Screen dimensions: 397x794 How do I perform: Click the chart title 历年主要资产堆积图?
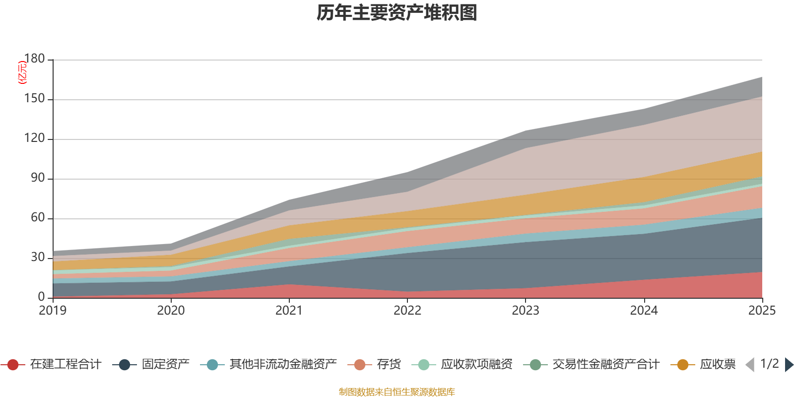tap(397, 13)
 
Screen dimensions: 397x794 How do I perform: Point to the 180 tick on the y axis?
tap(34, 59)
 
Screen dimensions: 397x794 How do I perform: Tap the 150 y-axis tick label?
tap(34, 99)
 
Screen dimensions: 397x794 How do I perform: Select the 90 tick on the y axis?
tap(38, 178)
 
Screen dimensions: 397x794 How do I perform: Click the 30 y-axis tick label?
tap(38, 258)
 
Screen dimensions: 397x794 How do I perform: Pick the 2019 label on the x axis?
tap(53, 311)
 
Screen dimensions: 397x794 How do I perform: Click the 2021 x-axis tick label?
tap(289, 311)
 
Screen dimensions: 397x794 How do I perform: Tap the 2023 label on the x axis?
tap(526, 311)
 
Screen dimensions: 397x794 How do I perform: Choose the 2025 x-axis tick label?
tap(762, 311)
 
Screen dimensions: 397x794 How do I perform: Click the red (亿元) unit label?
tap(22, 72)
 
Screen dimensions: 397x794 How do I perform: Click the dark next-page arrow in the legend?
tap(789, 365)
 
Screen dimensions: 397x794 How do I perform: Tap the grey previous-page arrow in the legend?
tap(750, 365)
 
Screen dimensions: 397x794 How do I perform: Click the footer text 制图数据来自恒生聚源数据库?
tap(397, 392)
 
